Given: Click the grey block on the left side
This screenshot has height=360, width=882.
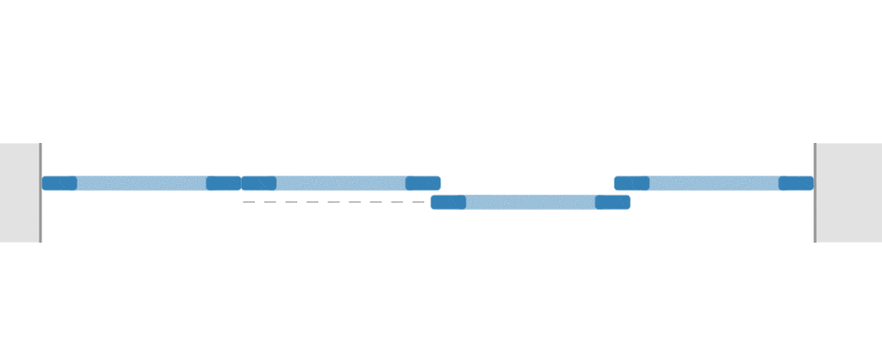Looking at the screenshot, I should coord(19,192).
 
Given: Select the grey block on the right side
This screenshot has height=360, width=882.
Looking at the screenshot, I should coord(849,192).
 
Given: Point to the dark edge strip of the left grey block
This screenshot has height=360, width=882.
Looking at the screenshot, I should coord(40,192).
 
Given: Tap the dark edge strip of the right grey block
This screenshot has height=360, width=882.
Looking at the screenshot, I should coord(815,192).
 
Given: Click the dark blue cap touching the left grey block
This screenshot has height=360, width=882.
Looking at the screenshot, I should coord(59,184).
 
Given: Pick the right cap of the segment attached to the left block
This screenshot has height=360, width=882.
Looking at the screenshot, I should coord(223,184).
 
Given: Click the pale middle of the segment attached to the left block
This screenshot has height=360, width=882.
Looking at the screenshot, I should coord(141,184).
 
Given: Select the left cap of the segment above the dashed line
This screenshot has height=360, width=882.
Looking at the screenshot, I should coord(259,184).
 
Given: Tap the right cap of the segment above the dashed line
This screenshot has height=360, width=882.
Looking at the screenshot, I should coord(422,184).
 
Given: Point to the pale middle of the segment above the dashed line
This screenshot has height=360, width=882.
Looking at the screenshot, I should coord(340,184).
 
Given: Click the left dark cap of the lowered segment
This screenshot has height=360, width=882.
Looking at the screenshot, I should coord(448,202).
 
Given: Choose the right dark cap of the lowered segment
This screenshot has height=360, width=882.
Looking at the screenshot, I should coord(612,202).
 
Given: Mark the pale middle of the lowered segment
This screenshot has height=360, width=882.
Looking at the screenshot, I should coord(530,202).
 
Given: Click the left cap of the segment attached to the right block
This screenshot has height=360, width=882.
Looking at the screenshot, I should coord(632,184).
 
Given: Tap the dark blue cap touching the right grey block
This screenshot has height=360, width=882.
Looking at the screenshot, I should coord(796,184).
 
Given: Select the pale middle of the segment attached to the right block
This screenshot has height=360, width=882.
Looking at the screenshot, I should coord(714,184).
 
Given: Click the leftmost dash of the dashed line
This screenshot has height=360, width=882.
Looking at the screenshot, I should coord(249,202).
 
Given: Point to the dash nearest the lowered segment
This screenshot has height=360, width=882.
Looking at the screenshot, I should coord(419,202).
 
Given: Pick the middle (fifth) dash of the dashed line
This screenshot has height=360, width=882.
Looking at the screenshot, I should coord(333,202).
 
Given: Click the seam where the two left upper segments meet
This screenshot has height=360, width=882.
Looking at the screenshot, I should coord(242,184).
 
